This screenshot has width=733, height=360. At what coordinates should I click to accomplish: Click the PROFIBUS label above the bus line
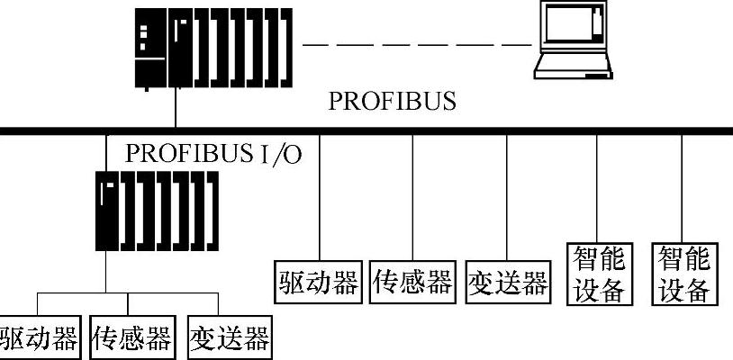392,101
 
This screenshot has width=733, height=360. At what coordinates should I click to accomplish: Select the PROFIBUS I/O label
213,152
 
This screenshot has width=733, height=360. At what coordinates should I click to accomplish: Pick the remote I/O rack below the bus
157,212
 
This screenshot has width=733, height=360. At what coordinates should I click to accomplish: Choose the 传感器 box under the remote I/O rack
131,338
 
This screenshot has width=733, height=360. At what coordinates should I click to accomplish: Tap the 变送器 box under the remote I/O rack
229,338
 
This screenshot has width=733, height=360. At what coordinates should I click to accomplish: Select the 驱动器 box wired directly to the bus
319,282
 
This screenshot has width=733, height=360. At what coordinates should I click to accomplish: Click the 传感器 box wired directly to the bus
412,282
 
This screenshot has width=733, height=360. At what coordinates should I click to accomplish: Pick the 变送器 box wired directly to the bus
508,282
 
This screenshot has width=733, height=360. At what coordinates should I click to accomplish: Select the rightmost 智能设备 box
684,274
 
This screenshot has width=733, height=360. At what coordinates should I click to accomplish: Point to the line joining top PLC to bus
175,108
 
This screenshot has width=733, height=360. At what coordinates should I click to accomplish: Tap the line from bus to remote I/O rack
106,153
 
